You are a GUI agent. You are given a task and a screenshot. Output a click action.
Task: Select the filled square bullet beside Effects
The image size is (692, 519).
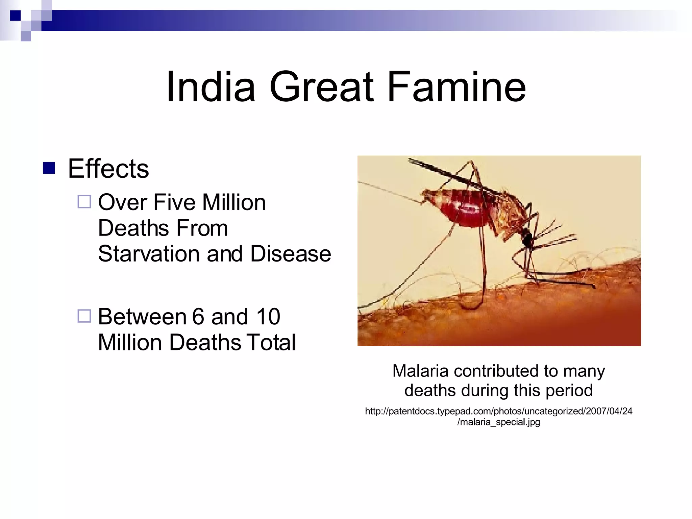49,168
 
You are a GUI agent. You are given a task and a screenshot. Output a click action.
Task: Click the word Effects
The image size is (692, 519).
108,169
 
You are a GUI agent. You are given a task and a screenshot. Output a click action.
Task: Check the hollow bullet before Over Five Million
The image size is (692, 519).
84,202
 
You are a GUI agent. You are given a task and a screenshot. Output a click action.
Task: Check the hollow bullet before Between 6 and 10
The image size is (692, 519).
84,316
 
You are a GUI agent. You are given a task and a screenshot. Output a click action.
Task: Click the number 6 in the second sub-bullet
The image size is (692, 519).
198,317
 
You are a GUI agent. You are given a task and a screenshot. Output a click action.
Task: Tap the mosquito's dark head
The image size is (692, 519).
526,237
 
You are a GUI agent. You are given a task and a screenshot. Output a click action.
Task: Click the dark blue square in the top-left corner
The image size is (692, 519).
15,16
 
